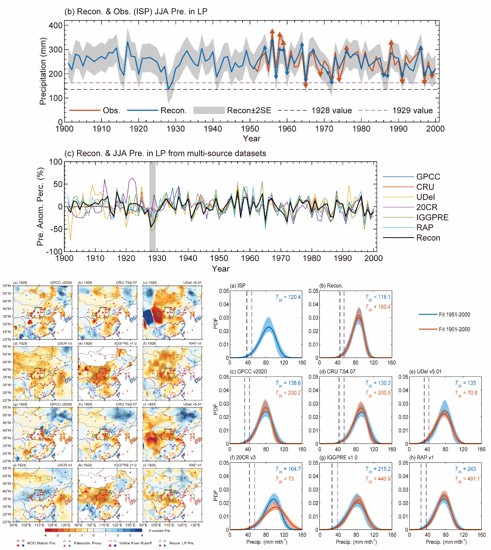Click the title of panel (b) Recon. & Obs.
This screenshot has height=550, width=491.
pyautogui.click(x=136, y=11)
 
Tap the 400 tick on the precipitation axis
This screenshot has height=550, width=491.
pyautogui.click(x=56, y=26)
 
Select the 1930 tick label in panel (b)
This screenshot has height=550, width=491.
pyautogui.click(x=176, y=129)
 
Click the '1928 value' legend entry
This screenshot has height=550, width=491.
pyautogui.click(x=331, y=110)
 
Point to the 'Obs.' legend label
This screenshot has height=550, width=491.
pyautogui.click(x=111, y=110)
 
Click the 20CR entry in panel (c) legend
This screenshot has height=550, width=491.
pyautogui.click(x=426, y=207)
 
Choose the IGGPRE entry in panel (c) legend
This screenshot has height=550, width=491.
pyautogui.click(x=432, y=217)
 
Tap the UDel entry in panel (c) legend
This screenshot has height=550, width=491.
pyautogui.click(x=426, y=197)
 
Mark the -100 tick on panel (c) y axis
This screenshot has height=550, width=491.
pyautogui.click(x=55, y=252)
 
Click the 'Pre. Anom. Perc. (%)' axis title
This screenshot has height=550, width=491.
pyautogui.click(x=40, y=206)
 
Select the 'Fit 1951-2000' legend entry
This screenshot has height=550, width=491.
pyautogui.click(x=454, y=315)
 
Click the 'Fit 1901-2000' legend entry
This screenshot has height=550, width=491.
pyautogui.click(x=454, y=329)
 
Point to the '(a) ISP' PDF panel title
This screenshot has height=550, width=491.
pyautogui.click(x=238, y=286)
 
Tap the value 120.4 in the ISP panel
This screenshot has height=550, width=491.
pyautogui.click(x=294, y=297)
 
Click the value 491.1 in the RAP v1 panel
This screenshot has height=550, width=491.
pyautogui.click(x=473, y=479)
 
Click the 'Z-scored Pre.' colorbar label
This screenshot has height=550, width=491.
pyautogui.click(x=160, y=531)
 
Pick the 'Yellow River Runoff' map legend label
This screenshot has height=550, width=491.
pyautogui.click(x=135, y=543)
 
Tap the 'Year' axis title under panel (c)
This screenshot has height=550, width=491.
pyautogui.click(x=221, y=269)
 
